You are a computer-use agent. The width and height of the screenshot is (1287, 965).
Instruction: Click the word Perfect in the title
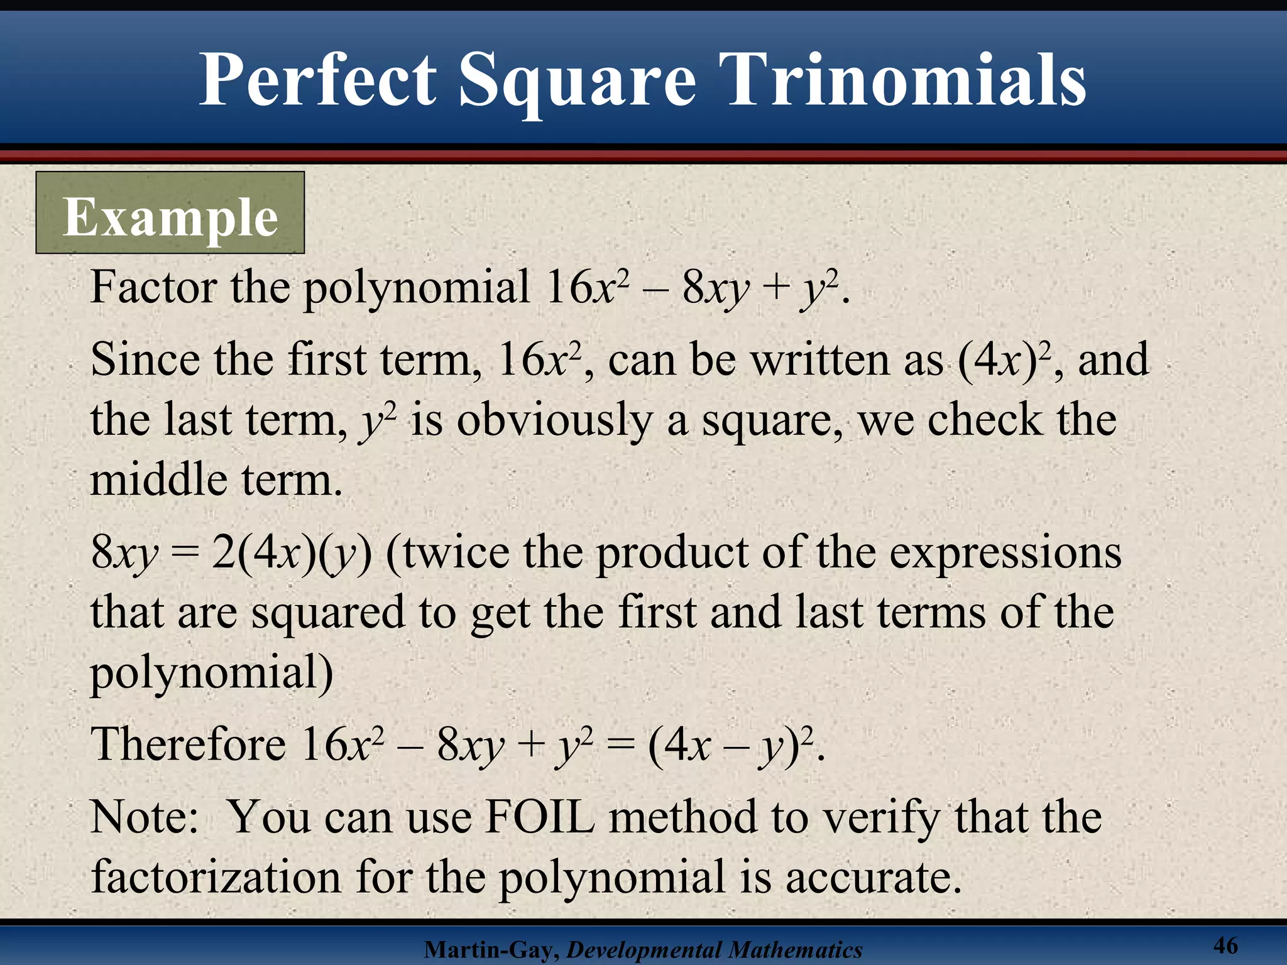pyautogui.click(x=317, y=80)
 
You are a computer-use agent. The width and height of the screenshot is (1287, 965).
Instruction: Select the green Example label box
pyautogui.click(x=170, y=213)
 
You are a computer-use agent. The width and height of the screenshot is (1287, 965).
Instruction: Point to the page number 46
pyautogui.click(x=1225, y=945)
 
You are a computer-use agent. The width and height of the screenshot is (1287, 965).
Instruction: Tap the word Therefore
pyautogui.click(x=189, y=744)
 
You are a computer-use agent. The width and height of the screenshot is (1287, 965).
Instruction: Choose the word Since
pyautogui.click(x=145, y=360)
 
